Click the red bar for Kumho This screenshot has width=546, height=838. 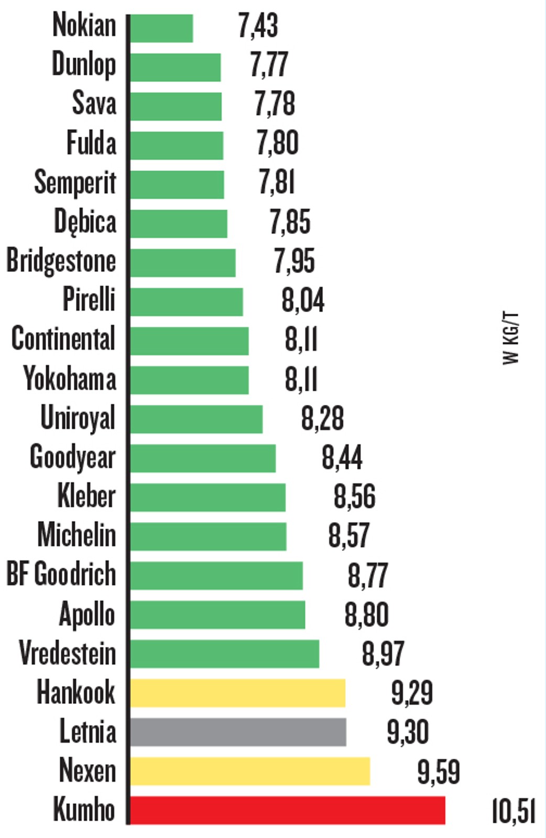(287, 810)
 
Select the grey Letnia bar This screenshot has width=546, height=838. (238, 732)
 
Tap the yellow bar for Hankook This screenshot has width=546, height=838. (237, 693)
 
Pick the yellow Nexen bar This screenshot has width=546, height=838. (250, 771)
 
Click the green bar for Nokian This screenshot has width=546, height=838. (161, 28)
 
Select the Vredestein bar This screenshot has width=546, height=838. (224, 654)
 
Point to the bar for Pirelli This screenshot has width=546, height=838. (187, 302)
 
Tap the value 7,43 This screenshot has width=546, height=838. (258, 26)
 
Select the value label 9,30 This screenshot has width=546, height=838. (408, 732)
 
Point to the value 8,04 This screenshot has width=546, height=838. (303, 301)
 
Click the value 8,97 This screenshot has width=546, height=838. (383, 654)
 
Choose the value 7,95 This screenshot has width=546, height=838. (294, 261)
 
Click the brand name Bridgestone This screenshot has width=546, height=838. (61, 261)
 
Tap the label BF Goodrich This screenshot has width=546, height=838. (61, 574)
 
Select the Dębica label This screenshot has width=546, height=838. (85, 222)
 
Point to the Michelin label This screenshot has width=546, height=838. (77, 535)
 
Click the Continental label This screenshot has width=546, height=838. (63, 339)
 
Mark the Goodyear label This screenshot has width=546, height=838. (72, 457)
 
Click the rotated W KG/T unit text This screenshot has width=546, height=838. (510, 338)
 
